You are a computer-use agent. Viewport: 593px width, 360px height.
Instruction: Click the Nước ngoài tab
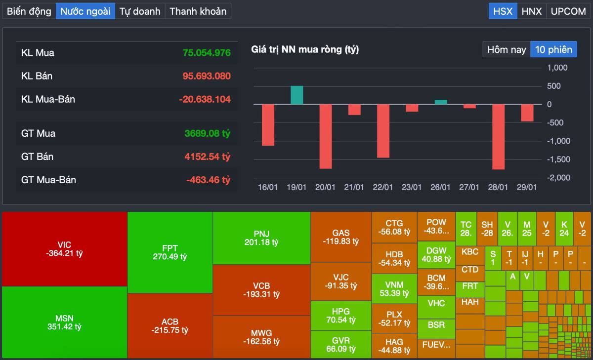pyautogui.click(x=85, y=11)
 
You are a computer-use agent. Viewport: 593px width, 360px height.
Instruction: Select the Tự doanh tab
pyautogui.click(x=140, y=11)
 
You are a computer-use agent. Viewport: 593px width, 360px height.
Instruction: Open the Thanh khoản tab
pyautogui.click(x=198, y=11)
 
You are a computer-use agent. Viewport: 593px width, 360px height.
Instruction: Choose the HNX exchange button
pyautogui.click(x=532, y=11)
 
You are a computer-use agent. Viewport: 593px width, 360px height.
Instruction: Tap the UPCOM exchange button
pyautogui.click(x=568, y=11)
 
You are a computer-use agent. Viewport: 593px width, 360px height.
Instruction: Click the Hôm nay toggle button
pyautogui.click(x=507, y=49)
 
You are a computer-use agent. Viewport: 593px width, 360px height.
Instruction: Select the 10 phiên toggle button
pyautogui.click(x=553, y=49)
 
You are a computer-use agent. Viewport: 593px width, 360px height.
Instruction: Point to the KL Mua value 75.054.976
pyautogui.click(x=207, y=52)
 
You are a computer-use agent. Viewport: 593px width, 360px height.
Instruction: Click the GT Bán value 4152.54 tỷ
pyautogui.click(x=208, y=157)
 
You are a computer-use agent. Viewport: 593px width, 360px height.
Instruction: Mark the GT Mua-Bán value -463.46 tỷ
pyautogui.click(x=208, y=180)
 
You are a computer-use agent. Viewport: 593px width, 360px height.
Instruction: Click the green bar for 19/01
pyautogui.click(x=297, y=95)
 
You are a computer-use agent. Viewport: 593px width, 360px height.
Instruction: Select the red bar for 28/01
pyautogui.click(x=498, y=136)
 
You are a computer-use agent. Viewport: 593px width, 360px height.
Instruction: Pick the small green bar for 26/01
pyautogui.click(x=441, y=102)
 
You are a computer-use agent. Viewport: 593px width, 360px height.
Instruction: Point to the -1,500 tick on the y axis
pyautogui.click(x=558, y=159)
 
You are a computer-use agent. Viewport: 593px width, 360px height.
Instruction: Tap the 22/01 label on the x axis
pyautogui.click(x=383, y=187)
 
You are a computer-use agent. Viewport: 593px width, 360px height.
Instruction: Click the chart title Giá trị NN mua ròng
pyautogui.click(x=305, y=49)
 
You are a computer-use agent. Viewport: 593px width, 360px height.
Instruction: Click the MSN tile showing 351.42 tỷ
pyautogui.click(x=65, y=322)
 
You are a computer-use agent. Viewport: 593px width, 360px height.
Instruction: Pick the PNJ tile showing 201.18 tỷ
pyautogui.click(x=261, y=238)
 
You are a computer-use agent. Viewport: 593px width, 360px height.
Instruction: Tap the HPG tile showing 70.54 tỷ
pyautogui.click(x=340, y=316)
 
